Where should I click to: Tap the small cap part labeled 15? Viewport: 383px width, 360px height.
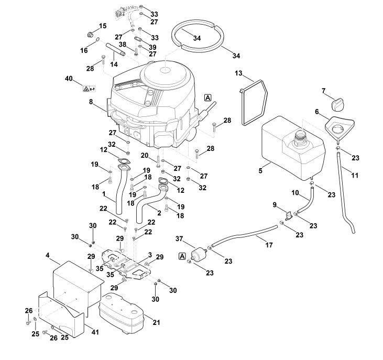point(91,36)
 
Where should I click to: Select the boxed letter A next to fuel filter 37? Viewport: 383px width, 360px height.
point(182,256)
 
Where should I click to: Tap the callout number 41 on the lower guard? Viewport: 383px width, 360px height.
point(94,332)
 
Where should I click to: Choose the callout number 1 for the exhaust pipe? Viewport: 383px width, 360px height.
point(104,193)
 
